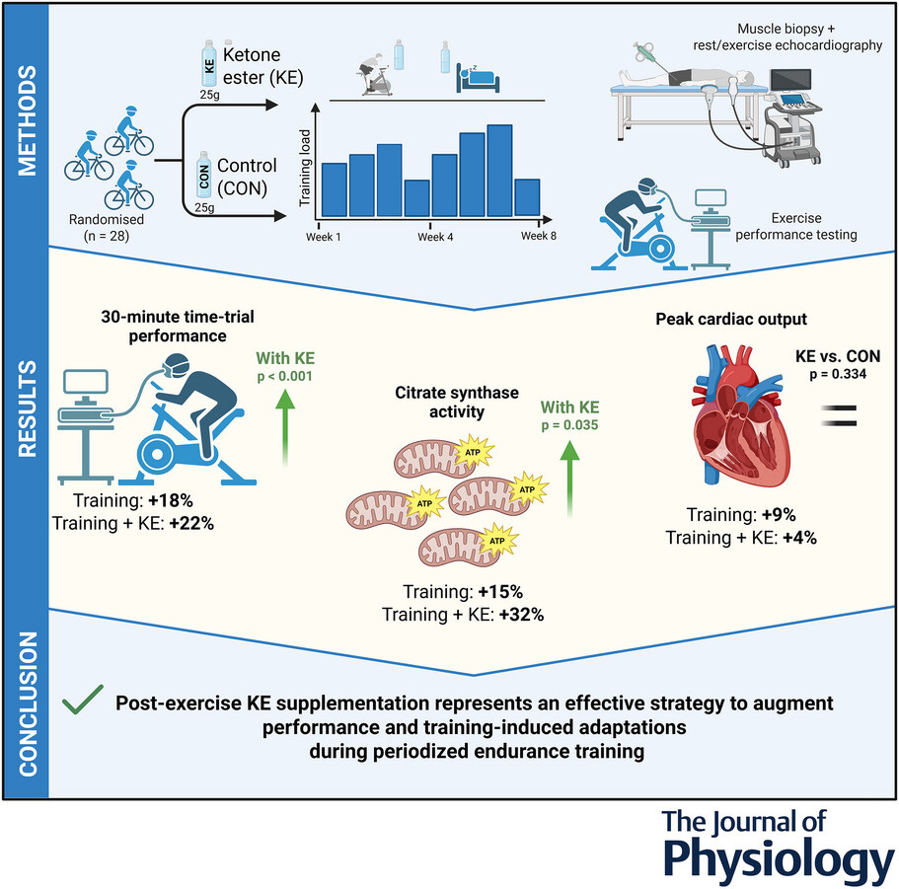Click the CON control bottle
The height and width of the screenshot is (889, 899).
tap(206, 174)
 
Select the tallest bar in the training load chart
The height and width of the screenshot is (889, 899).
tap(499, 171)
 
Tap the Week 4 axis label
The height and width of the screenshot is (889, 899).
tap(436, 236)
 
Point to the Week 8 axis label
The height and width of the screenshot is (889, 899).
tap(539, 236)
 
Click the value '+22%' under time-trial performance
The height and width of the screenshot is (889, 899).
tap(191, 524)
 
